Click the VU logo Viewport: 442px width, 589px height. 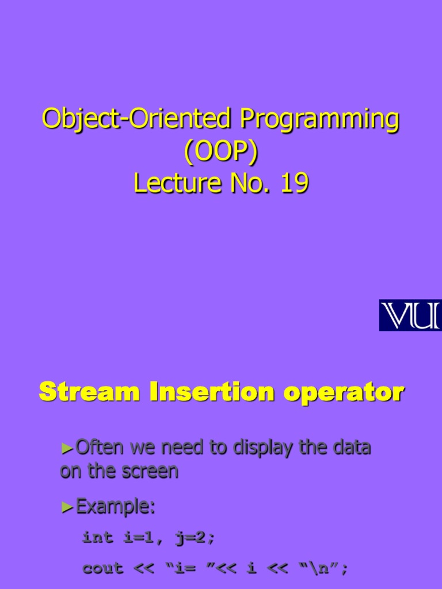coord(410,316)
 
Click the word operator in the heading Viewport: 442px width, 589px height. coord(342,394)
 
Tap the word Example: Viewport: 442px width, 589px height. coord(116,507)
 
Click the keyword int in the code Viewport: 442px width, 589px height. coord(98,537)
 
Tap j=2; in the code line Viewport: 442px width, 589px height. coord(192,538)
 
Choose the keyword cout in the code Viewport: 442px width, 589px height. coord(103,568)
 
